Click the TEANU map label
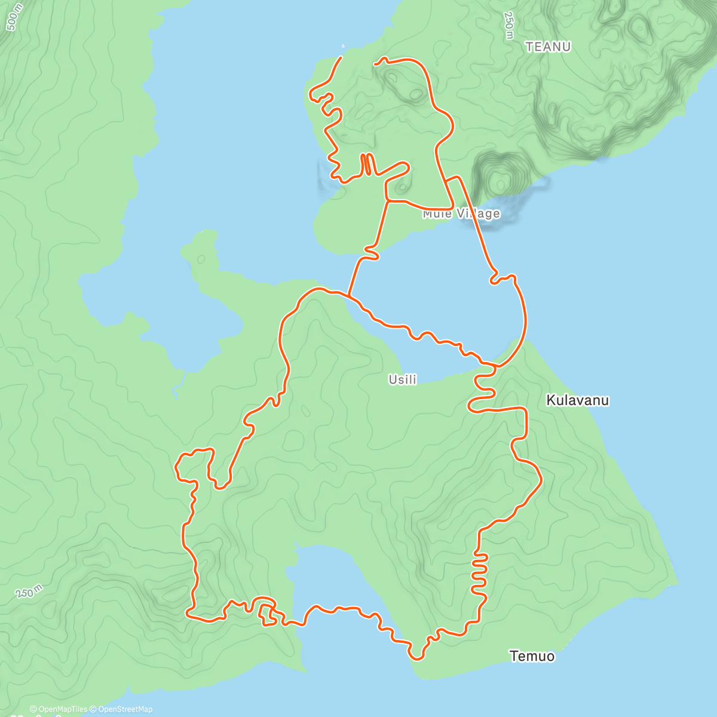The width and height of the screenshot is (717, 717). click(548, 47)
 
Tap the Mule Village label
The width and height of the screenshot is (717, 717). click(461, 213)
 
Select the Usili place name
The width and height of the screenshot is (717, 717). click(403, 379)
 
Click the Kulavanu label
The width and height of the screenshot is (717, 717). click(577, 400)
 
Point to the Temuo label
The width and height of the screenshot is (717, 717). click(532, 656)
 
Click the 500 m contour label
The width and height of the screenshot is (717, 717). click(14, 16)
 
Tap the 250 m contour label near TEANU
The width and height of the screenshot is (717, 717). click(508, 25)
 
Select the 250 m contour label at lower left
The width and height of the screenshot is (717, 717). click(29, 592)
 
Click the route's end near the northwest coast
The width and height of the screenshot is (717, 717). click(341, 57)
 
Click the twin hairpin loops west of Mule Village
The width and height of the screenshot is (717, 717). click(367, 164)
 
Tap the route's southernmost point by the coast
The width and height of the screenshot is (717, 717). click(417, 659)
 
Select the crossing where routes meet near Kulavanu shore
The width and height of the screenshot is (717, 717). click(490, 364)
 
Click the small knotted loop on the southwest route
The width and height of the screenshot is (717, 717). click(267, 614)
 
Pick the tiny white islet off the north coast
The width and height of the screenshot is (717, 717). click(343, 46)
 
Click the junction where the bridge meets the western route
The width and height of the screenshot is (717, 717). click(348, 295)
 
